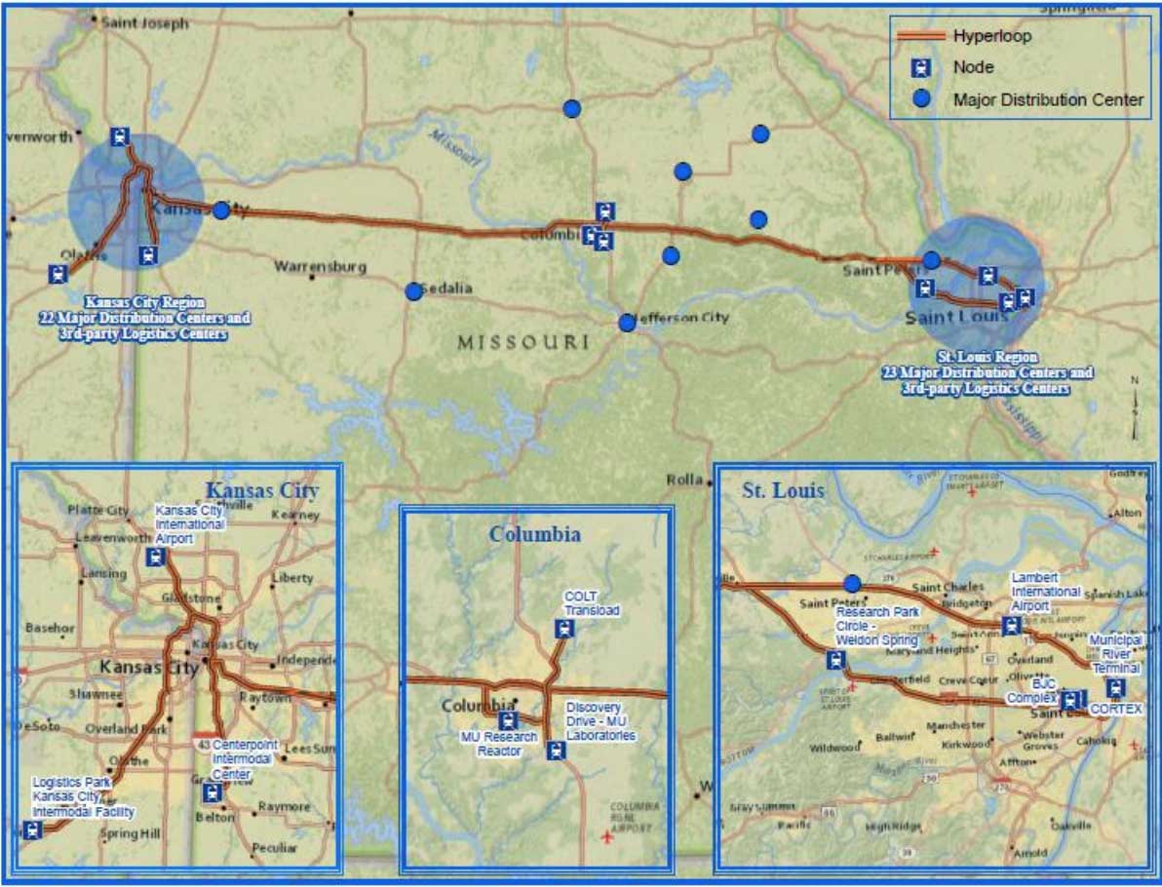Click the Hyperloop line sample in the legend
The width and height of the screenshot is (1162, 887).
(x=921, y=36)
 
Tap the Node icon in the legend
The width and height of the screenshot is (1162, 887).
(x=921, y=67)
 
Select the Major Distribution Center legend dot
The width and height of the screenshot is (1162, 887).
(x=921, y=99)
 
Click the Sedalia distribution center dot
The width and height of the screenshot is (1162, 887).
(x=413, y=290)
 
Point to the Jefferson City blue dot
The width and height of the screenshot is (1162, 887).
(x=627, y=323)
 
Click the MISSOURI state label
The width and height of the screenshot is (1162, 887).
(x=523, y=342)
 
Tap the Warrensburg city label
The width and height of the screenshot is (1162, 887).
(x=320, y=266)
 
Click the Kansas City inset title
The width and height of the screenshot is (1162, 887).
(x=260, y=490)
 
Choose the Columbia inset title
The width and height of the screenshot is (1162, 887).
(x=535, y=534)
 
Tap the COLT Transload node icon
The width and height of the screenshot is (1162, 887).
(x=570, y=629)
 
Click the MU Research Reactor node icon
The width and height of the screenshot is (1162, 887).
(x=507, y=720)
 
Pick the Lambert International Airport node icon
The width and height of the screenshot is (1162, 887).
(x=1011, y=626)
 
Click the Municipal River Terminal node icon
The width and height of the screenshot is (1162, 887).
(x=1114, y=687)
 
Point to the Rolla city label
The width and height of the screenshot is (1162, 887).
(x=684, y=480)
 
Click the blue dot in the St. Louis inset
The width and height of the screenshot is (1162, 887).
(x=852, y=583)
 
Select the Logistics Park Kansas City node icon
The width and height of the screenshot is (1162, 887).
(x=33, y=830)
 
